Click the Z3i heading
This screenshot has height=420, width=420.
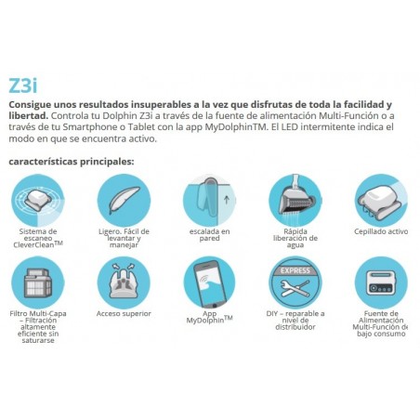click(x=25, y=85)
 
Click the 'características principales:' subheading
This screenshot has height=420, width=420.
click(x=71, y=161)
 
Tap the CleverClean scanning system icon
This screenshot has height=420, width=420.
click(x=41, y=199)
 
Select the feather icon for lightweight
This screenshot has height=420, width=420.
click(x=125, y=199)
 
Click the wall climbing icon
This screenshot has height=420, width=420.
click(x=209, y=199)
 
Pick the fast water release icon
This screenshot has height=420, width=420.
click(x=294, y=199)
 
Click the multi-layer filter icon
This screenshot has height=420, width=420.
click(x=41, y=281)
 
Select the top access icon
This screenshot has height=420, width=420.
click(x=125, y=281)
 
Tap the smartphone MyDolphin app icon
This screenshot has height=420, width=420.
click(x=209, y=281)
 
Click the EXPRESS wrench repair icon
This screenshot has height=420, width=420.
click(x=294, y=281)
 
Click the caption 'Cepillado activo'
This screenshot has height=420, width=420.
click(x=377, y=231)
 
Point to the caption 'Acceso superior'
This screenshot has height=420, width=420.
click(x=125, y=314)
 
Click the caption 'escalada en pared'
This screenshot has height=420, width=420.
click(x=209, y=235)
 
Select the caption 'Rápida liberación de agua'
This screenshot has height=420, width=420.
click(x=294, y=235)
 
